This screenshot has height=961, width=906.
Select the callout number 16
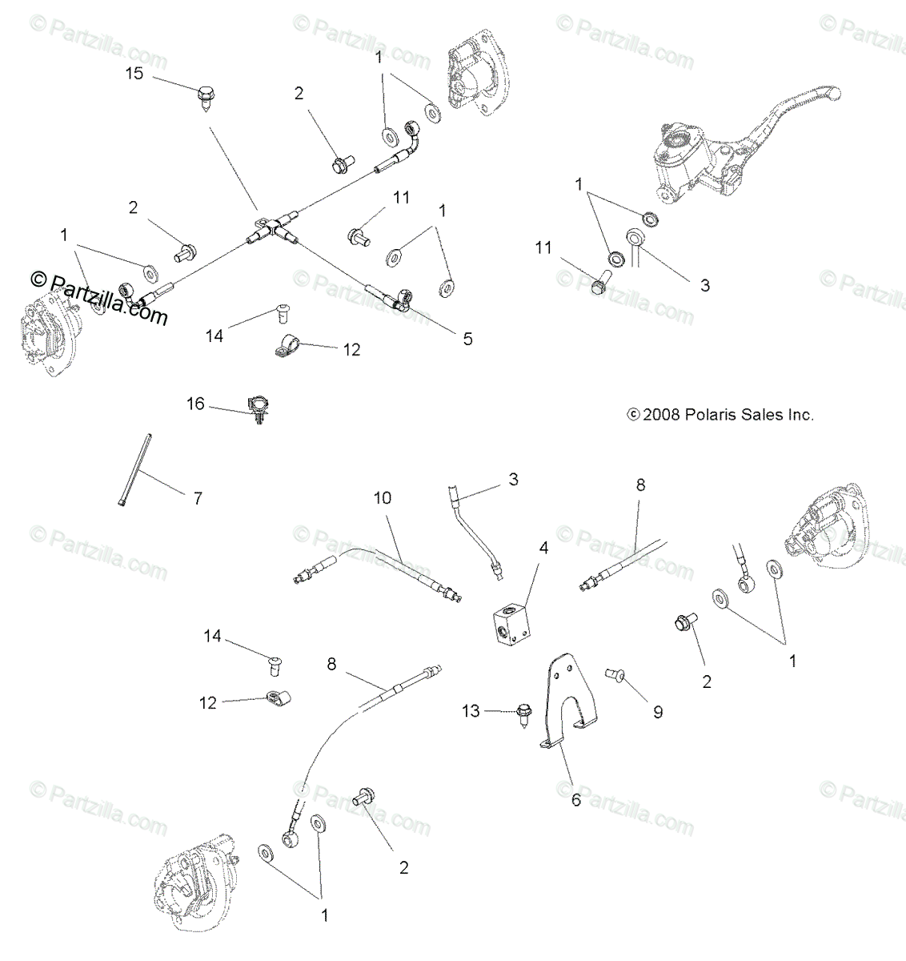click(x=196, y=404)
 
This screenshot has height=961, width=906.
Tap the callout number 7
click(x=197, y=499)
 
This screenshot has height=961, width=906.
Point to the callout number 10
click(x=382, y=497)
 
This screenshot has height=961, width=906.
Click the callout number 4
click(x=543, y=549)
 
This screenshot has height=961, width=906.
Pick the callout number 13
click(x=471, y=710)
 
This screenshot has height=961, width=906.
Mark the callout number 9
click(x=658, y=712)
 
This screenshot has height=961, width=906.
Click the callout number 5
click(x=467, y=339)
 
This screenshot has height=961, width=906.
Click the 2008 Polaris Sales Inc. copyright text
click(x=720, y=415)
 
